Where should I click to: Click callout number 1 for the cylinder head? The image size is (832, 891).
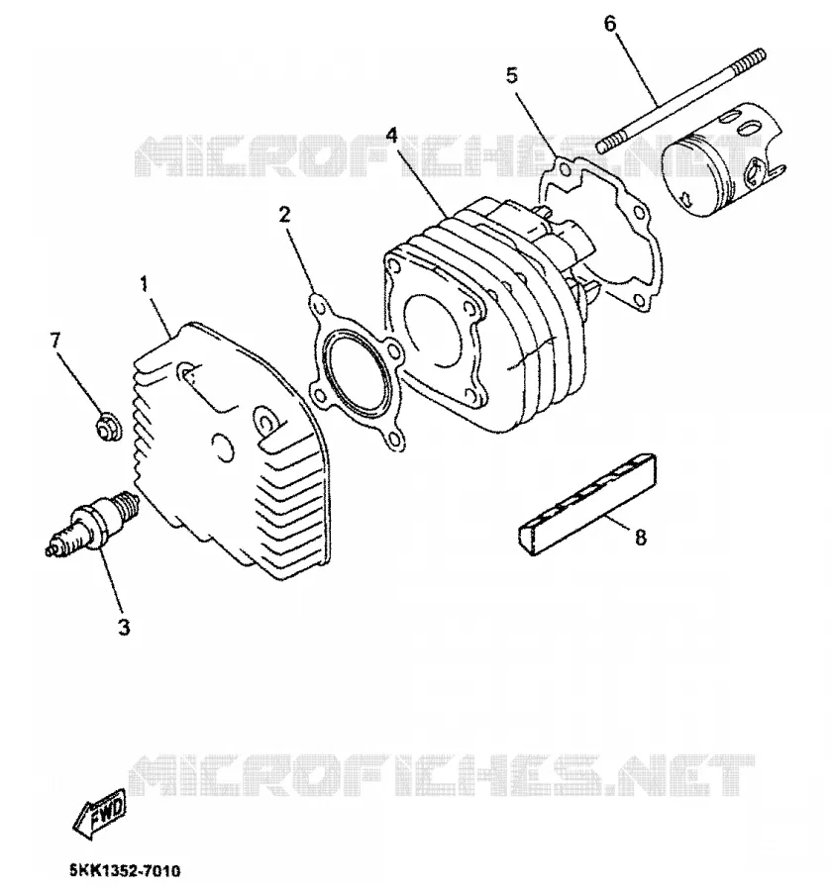(144, 283)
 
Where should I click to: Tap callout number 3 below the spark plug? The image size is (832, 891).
(124, 627)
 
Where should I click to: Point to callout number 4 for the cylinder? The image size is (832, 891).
(391, 136)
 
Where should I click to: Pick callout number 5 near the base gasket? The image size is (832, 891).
(512, 75)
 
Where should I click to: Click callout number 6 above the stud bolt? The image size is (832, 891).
(610, 25)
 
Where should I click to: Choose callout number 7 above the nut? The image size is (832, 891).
(54, 341)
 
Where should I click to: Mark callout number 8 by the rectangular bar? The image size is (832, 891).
(641, 537)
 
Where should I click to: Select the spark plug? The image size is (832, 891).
(93, 522)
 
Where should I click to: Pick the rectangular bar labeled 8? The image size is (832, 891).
(587, 504)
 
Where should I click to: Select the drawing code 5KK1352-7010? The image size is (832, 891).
(125, 870)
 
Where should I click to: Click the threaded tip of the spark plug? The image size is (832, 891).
(128, 503)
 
